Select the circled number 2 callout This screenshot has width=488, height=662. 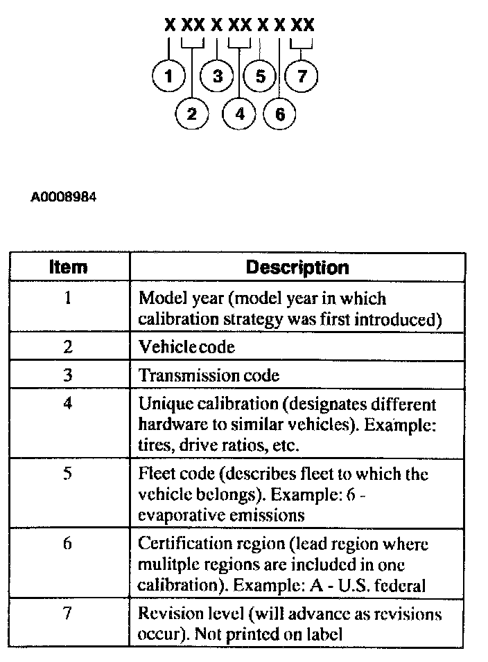[x=192, y=114]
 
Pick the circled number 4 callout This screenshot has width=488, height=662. [x=240, y=114]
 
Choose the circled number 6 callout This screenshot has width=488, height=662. [x=280, y=114]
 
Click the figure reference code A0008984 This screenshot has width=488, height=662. [x=64, y=197]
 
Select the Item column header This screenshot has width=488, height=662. [x=69, y=267]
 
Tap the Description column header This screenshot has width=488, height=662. [x=297, y=267]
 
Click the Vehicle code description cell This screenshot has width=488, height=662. [x=187, y=347]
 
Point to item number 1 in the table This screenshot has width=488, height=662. [x=68, y=299]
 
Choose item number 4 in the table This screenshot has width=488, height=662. [x=68, y=403]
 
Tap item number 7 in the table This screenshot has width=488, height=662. [x=68, y=614]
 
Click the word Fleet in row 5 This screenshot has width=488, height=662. [x=155, y=474]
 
